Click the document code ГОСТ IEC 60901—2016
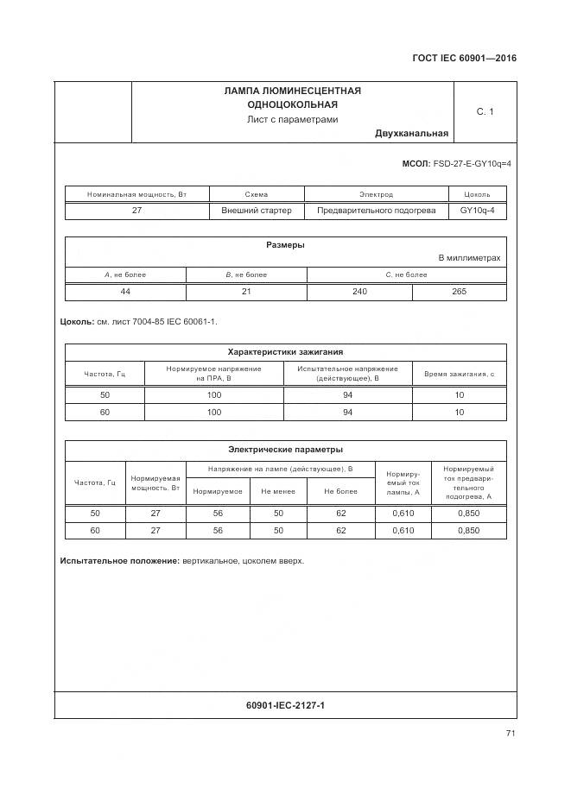coord(465,60)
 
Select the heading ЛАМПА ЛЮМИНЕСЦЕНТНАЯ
coord(292,91)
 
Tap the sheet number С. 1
coord(485,111)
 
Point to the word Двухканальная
coord(411,133)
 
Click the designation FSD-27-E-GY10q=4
coord(471,163)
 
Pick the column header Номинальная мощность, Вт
coord(136,194)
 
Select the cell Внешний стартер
coord(257,210)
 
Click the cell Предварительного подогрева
coord(376,210)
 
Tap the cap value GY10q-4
coord(478,210)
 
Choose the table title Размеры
coord(285,245)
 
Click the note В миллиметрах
coord(469,258)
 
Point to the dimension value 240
coord(359,292)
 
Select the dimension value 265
coord(459,292)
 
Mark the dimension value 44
coord(125,292)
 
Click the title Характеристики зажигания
coord(285,351)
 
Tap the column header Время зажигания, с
coord(459,374)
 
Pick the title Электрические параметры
coord(285,449)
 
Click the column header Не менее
coord(278,491)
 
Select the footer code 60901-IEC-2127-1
coord(285,705)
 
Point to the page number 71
coord(511,734)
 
